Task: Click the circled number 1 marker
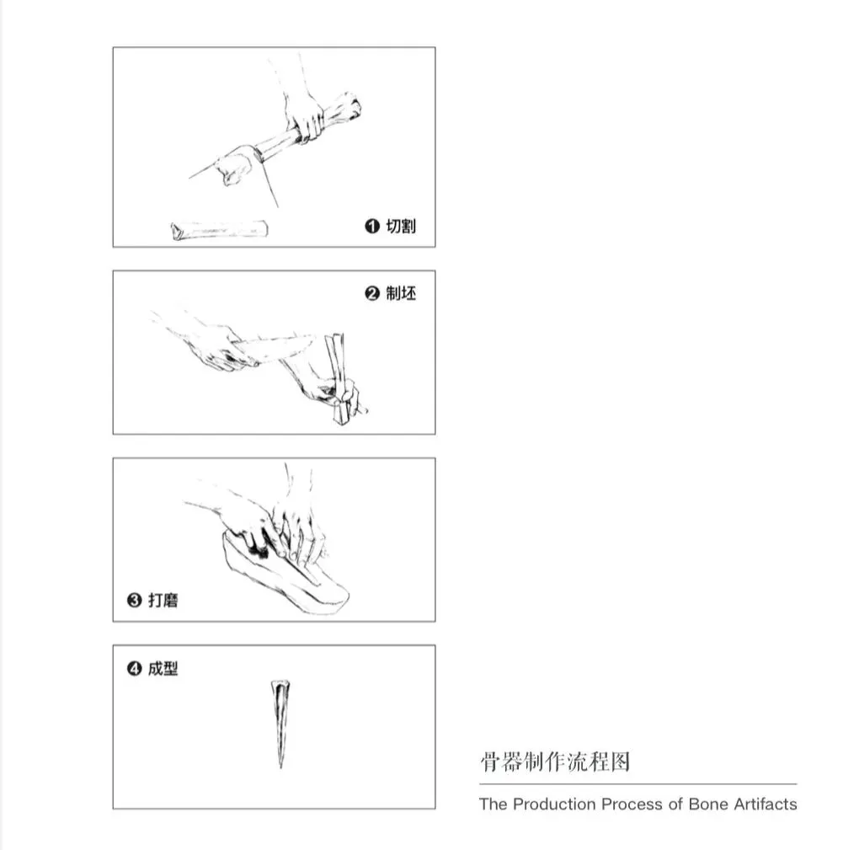(x=372, y=226)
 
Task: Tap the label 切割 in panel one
(x=401, y=226)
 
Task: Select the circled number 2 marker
(x=372, y=294)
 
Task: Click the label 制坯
(x=401, y=293)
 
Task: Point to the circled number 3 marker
(x=134, y=600)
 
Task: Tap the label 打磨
(x=163, y=600)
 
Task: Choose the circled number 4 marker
(x=134, y=669)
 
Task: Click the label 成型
(x=163, y=669)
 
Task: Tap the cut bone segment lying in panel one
(x=219, y=230)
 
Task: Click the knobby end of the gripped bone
(x=345, y=106)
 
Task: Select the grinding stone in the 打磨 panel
(x=285, y=575)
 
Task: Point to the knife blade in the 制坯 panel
(x=274, y=349)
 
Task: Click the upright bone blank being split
(x=339, y=378)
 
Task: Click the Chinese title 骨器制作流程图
(x=556, y=762)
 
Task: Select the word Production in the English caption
(x=554, y=804)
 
